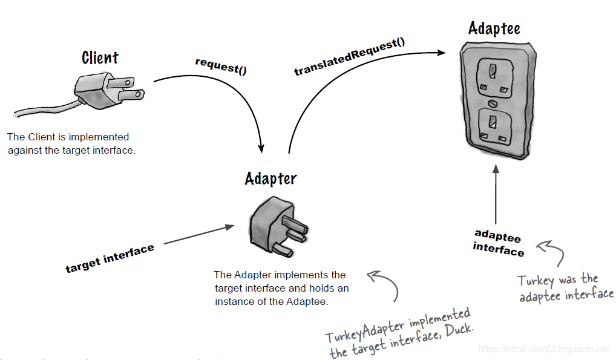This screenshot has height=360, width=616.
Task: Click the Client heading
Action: tap(100, 58)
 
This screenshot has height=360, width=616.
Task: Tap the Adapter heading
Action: tap(270, 178)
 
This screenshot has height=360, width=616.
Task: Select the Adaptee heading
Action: tap(494, 28)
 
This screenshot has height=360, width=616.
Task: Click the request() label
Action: tap(221, 66)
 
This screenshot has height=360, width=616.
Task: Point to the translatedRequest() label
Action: tap(349, 57)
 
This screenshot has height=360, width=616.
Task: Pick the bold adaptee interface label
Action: tap(498, 243)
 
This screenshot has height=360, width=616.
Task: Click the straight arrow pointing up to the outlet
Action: tap(496, 194)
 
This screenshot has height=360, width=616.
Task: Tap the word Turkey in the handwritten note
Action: tap(536, 283)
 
